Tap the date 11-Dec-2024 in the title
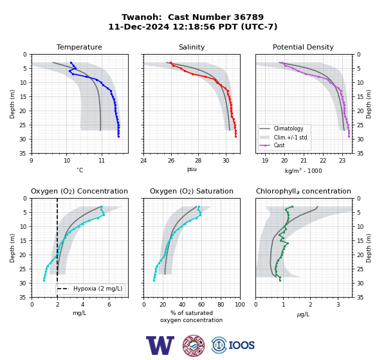(139, 26)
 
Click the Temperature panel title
(79, 47)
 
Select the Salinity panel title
(192, 47)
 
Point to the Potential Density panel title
(303, 47)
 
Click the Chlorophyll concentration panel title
(304, 191)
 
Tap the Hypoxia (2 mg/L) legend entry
(90, 289)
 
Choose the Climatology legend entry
(281, 129)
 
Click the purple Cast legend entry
(272, 145)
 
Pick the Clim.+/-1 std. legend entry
(284, 137)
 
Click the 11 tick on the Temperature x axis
(102, 161)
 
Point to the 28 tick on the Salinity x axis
(198, 161)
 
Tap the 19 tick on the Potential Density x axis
(265, 161)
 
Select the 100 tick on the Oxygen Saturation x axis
(240, 305)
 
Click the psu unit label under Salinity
(192, 169)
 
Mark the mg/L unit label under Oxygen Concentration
(79, 313)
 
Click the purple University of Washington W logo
(160, 345)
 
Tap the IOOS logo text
(241, 345)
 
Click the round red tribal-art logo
(194, 345)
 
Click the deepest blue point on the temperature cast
(118, 136)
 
